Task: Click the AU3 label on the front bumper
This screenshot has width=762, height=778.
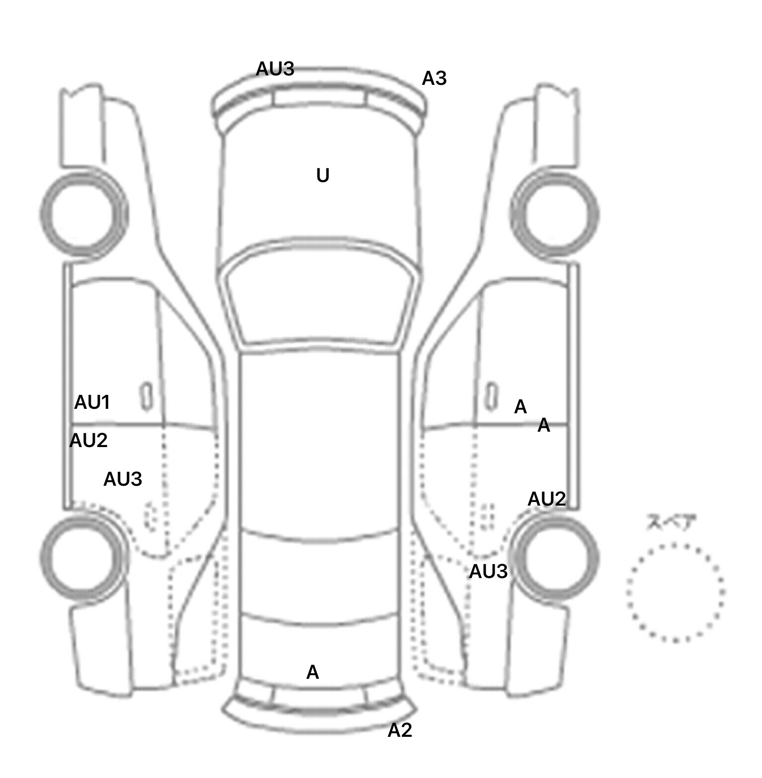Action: pos(275,69)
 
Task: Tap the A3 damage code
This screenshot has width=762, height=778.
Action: pos(434,78)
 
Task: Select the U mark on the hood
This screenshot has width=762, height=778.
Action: pos(322,176)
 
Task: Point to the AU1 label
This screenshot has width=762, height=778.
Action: pos(92,402)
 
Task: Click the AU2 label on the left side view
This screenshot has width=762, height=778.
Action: pos(88,441)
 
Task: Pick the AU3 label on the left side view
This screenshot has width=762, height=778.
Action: pos(123,479)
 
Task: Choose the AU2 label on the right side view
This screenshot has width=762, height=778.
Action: pos(547,499)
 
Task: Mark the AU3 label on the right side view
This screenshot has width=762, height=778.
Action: pos(488,572)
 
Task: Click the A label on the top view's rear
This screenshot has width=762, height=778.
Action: pos(313,672)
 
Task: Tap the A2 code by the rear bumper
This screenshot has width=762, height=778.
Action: pos(400,730)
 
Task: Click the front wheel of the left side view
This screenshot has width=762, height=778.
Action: pos(83,213)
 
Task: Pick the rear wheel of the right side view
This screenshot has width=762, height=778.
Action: pos(556,556)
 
